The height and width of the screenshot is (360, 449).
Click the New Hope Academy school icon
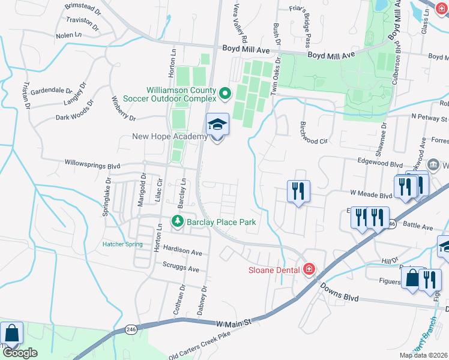(x=217, y=125)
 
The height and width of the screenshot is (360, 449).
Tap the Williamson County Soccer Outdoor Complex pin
(x=225, y=94)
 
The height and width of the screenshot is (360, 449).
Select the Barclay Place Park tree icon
(x=178, y=222)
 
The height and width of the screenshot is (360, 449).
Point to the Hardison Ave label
(x=181, y=251)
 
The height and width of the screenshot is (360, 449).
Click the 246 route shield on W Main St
(x=131, y=329)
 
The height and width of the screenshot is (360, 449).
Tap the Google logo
(x=20, y=353)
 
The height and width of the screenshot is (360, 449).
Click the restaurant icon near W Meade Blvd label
(x=298, y=191)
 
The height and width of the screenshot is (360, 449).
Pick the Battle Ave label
(x=418, y=227)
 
